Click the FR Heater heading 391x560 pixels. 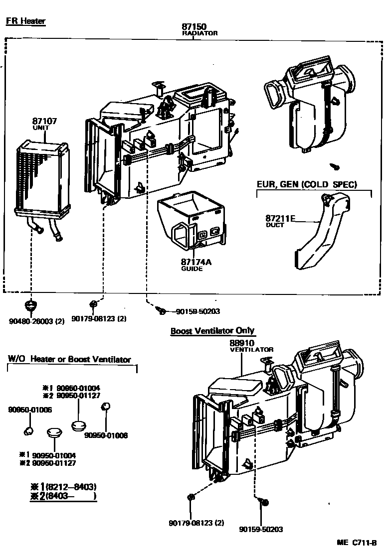(25, 21)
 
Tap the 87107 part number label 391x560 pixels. (44, 121)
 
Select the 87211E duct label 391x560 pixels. (281, 218)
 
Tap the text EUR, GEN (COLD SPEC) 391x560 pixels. (307, 184)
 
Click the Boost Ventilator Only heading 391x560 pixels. (212, 331)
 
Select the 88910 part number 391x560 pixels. (242, 343)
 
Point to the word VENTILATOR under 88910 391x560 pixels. (251, 350)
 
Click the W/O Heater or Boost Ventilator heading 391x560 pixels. (69, 359)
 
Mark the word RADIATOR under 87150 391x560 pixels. (199, 33)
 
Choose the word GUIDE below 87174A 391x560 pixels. (192, 269)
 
